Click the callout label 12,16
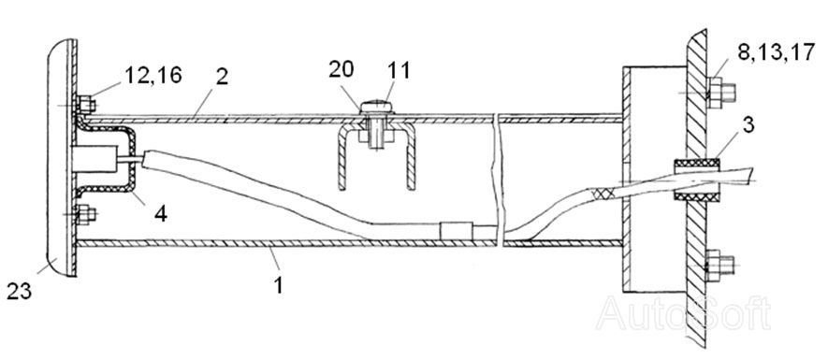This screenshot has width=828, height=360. [x=153, y=76]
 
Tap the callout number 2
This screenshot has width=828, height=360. [x=221, y=77]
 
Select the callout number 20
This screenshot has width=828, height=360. [x=341, y=69]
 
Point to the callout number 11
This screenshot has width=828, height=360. [x=399, y=70]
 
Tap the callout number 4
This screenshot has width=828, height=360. [x=161, y=214]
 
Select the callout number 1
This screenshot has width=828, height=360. [x=278, y=285]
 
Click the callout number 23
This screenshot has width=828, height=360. [x=20, y=291]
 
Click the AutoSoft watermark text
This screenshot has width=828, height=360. [x=683, y=313]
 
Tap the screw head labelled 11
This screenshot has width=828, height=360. [x=376, y=108]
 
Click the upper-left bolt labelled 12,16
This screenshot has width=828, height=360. [x=84, y=105]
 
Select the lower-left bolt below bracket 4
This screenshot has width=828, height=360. [x=84, y=215]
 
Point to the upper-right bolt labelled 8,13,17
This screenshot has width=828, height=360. [x=720, y=93]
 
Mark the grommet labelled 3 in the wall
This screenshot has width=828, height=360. [x=697, y=179]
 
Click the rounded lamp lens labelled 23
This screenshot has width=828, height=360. [x=59, y=157]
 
